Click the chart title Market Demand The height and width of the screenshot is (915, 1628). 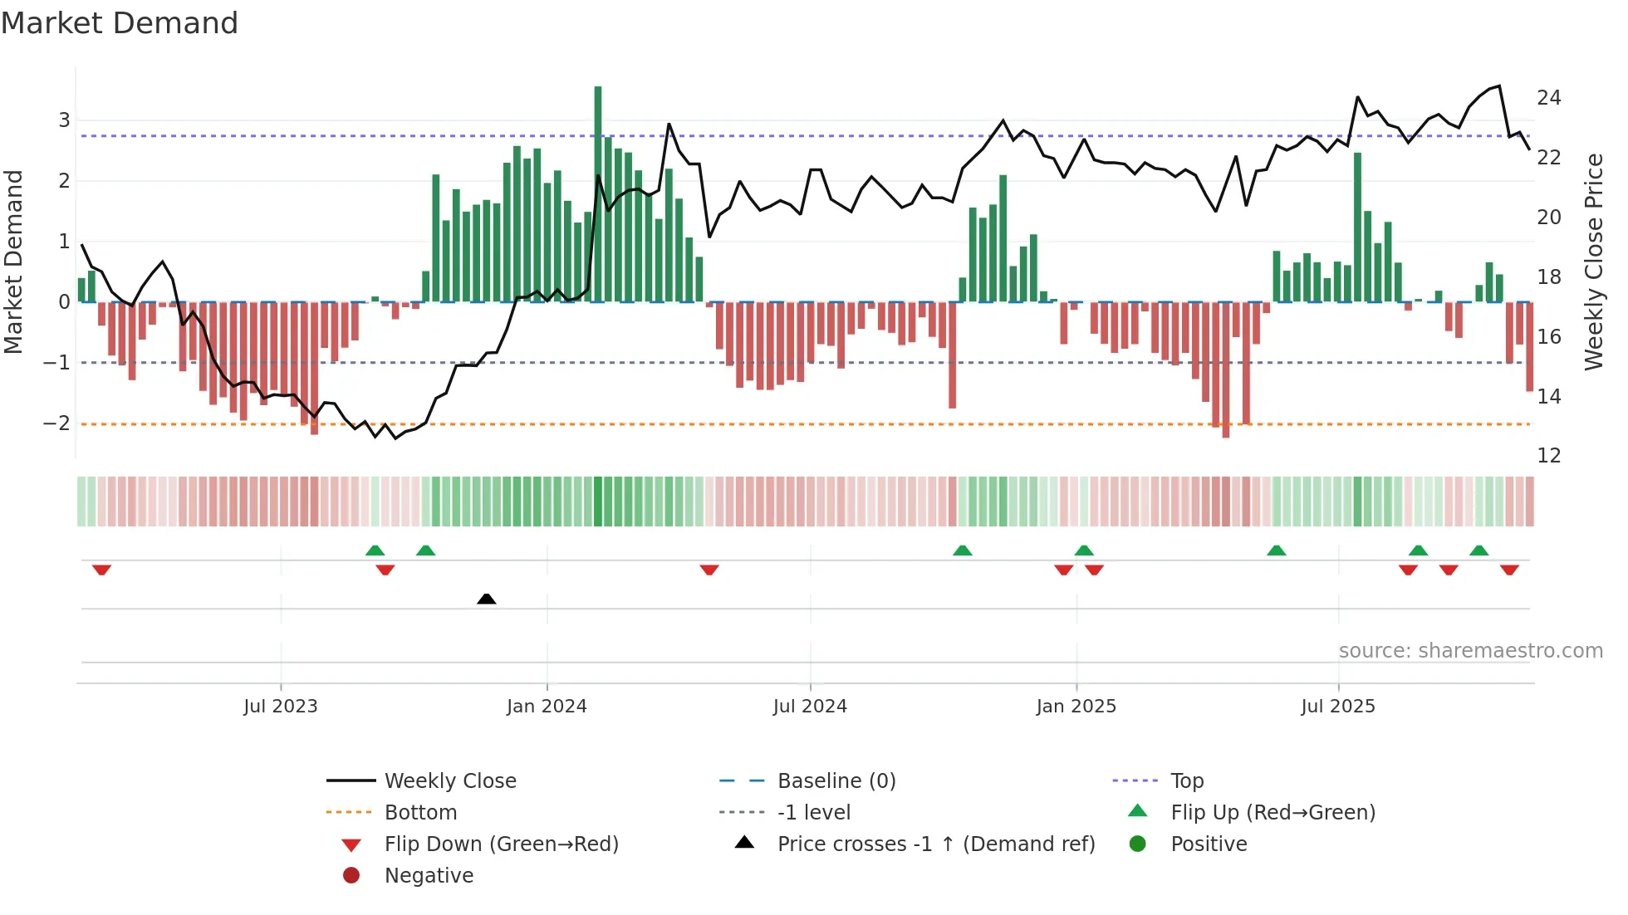point(120,23)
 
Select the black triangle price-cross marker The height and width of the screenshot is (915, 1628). point(487,599)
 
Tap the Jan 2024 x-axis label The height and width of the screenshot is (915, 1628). point(547,707)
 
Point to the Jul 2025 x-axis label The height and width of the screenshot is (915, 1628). point(1338,707)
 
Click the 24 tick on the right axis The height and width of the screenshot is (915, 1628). point(1549,98)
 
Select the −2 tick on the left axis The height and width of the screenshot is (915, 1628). point(57,423)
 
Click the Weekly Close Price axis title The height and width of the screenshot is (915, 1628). point(1594,262)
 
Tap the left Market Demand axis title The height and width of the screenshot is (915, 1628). point(14,262)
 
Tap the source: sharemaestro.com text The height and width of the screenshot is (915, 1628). point(1470,651)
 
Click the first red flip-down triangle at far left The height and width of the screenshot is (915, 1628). point(101,570)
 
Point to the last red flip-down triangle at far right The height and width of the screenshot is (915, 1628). point(1509,570)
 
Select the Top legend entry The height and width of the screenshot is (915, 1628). point(1187,781)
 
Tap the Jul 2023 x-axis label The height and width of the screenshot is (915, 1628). point(281,707)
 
